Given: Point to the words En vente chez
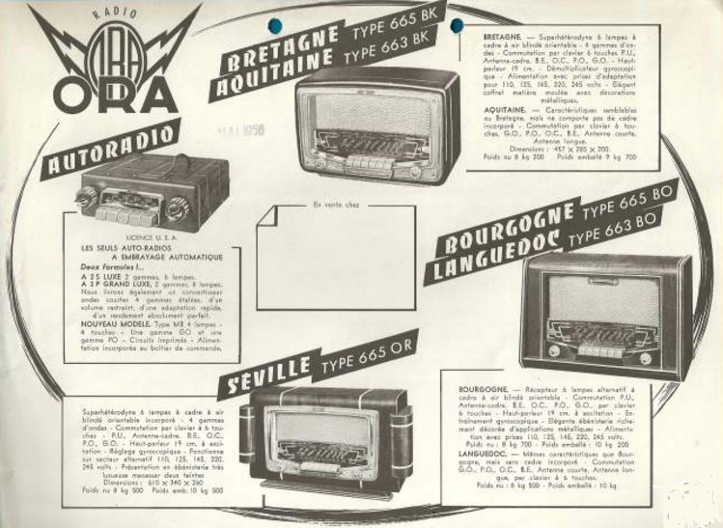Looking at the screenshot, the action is (333, 204).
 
